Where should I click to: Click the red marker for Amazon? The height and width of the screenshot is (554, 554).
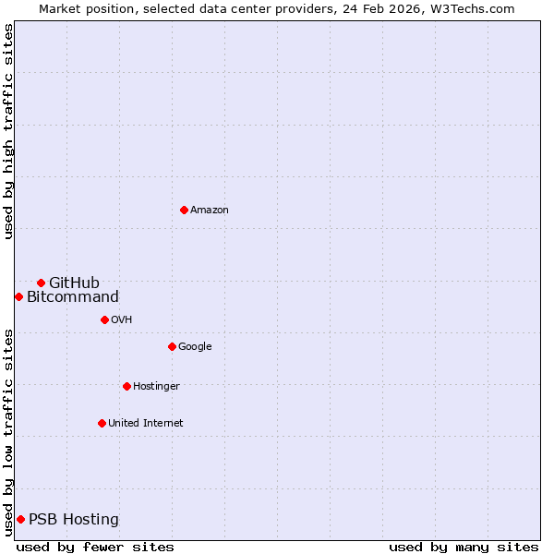click(x=184, y=211)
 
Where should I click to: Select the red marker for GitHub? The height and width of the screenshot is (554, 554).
click(x=41, y=283)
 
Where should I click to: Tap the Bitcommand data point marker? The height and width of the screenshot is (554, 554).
click(x=18, y=296)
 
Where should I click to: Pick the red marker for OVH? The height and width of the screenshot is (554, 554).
click(x=104, y=319)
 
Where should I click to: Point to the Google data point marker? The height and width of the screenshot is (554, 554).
click(x=172, y=346)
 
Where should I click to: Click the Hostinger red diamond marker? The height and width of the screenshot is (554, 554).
click(x=126, y=386)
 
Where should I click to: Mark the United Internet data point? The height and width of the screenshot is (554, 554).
click(x=102, y=423)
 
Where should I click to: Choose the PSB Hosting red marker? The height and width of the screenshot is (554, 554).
click(x=20, y=519)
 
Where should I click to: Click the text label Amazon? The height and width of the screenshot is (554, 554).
click(x=210, y=211)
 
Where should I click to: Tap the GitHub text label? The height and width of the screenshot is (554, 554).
click(x=74, y=283)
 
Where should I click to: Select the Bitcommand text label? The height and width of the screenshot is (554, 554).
click(x=73, y=296)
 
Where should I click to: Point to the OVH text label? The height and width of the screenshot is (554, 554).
click(x=121, y=319)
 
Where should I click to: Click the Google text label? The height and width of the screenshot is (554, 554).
click(x=195, y=346)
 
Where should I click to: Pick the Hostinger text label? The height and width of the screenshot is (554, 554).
click(x=156, y=386)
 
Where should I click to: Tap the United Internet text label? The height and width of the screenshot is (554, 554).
click(x=145, y=423)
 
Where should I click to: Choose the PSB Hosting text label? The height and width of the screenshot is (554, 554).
click(x=74, y=519)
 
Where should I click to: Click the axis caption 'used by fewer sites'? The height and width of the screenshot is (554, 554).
click(x=95, y=547)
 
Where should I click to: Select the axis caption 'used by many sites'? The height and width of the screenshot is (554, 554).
click(x=464, y=547)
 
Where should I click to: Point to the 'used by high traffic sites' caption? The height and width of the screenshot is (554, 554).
click(x=8, y=131)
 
